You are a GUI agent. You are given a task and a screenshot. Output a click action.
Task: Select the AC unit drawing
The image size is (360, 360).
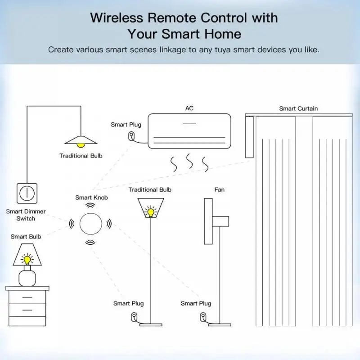point(189,130)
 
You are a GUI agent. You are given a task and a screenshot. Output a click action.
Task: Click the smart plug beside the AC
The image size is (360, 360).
point(131,135)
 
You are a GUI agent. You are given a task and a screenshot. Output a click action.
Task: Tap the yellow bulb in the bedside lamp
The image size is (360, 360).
point(27,260)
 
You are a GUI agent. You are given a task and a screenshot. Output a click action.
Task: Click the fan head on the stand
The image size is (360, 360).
point(208,220)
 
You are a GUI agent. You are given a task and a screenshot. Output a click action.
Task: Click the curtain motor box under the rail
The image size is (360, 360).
point(249,137)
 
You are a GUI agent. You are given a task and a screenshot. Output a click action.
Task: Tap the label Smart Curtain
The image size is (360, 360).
point(298,108)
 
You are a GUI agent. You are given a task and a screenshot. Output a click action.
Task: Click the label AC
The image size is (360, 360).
point(189,108)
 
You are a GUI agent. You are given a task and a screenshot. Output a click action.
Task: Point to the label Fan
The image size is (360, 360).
point(219,190)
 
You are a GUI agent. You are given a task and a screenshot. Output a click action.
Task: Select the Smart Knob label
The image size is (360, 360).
point(91,198)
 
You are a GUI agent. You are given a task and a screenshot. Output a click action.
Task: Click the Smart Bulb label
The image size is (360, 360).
point(26,236)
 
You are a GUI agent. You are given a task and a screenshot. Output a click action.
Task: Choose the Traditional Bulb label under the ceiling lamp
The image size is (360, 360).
point(81,156)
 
